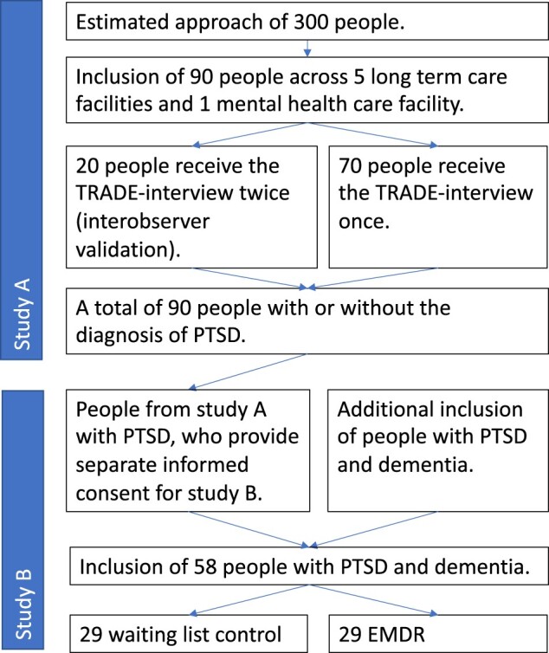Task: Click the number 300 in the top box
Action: pos(311,22)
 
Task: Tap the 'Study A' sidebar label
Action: pos(23,314)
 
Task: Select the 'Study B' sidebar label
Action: pos(23,605)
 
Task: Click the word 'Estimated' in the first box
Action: pos(122,22)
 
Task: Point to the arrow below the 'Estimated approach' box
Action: pos(307,48)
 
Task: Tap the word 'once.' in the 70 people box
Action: pos(364,221)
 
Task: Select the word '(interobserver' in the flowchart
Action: pos(143,222)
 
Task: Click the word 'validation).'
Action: pos(128,250)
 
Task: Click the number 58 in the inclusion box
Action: pos(205,566)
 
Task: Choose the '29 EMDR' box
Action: pos(438,633)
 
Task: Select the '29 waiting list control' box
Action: pos(189,633)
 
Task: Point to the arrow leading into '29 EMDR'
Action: pos(373,599)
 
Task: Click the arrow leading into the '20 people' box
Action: pos(250,134)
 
